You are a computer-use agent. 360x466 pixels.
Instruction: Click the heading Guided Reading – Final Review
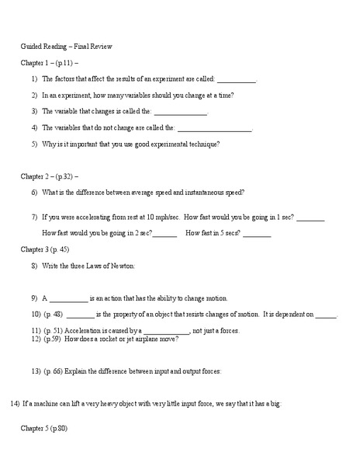click(66, 47)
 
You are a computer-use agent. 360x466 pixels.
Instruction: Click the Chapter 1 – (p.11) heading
click(50, 62)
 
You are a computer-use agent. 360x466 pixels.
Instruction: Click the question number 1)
click(35, 78)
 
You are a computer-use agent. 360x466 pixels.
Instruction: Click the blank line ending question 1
click(236, 80)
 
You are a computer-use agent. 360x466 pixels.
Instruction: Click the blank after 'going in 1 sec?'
click(310, 218)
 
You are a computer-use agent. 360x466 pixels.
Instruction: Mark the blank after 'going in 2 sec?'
click(164, 234)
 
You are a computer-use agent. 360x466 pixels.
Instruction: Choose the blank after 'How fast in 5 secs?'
click(257, 234)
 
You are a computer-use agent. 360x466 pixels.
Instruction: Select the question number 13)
click(36, 371)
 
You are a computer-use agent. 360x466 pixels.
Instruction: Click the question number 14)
click(15, 404)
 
